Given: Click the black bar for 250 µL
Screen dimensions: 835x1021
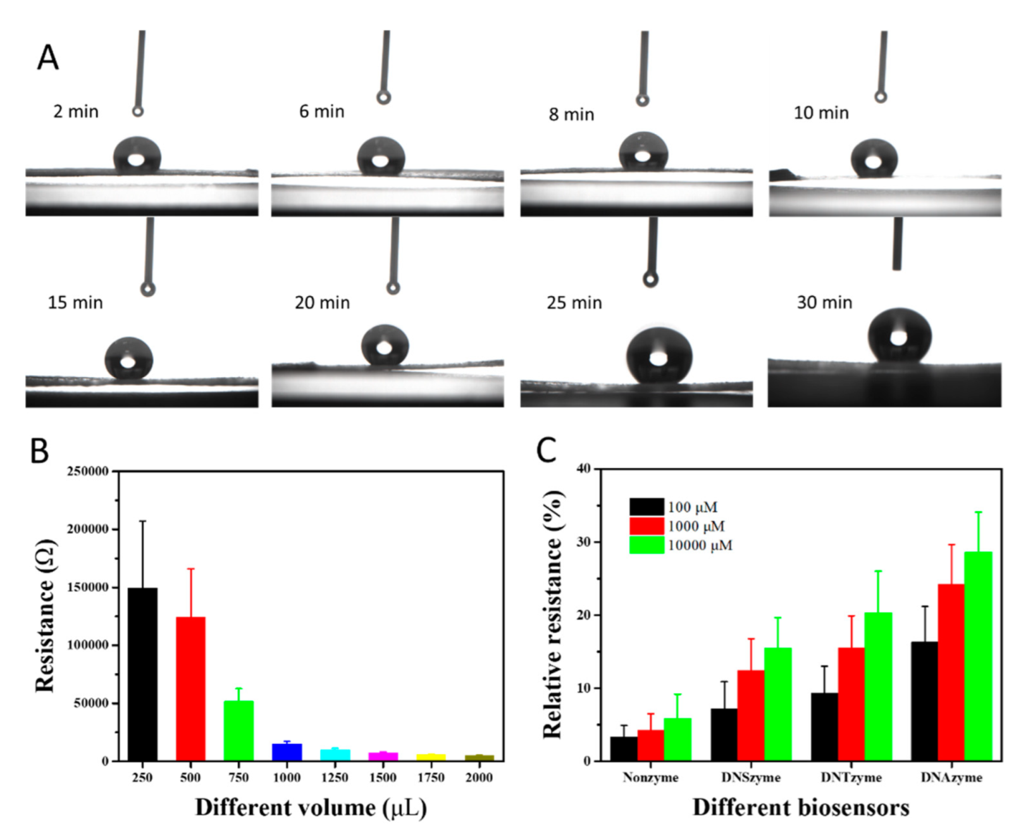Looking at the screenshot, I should click(x=142, y=674).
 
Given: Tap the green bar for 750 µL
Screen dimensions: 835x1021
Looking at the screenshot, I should click(x=238, y=730).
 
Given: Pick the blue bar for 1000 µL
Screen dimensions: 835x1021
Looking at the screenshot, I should click(x=287, y=752).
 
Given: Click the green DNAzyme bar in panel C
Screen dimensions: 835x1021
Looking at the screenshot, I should click(x=978, y=656).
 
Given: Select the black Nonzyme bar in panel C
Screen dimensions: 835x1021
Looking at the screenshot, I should click(x=624, y=748).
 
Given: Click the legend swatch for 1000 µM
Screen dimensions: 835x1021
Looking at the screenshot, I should click(x=647, y=526).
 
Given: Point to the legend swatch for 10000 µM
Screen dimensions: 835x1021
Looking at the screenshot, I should click(x=647, y=545).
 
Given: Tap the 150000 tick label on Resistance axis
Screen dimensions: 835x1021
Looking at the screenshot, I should click(x=88, y=587).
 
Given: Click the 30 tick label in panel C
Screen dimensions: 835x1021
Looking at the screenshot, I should click(x=583, y=542).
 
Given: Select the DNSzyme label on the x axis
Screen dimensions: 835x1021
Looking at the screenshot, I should click(x=751, y=777).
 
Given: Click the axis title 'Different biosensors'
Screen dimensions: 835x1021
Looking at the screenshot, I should click(x=801, y=807).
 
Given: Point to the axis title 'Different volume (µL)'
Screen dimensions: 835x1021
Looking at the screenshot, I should click(x=311, y=808).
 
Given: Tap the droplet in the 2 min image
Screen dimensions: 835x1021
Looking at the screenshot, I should click(x=137, y=156).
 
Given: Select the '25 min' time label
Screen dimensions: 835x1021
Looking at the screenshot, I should click(x=574, y=303).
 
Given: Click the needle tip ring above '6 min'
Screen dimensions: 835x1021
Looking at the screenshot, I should click(x=383, y=97).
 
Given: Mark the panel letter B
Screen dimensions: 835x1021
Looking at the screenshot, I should click(x=39, y=451).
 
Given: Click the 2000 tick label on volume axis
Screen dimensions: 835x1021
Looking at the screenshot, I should click(x=479, y=777).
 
